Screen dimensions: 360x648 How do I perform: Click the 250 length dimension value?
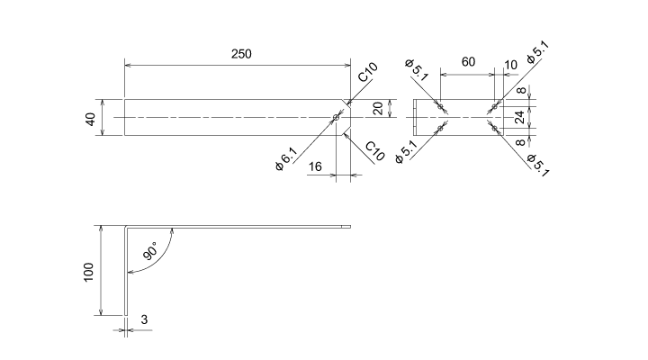240,54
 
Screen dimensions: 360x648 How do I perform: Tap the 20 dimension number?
378,108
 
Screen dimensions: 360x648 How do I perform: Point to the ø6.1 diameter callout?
285,160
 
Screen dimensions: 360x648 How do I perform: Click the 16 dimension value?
315,166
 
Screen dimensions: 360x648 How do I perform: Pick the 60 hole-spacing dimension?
468,62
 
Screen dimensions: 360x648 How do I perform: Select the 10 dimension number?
511,65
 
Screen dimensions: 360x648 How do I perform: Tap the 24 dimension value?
519,117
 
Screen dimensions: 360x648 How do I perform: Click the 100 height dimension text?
88,272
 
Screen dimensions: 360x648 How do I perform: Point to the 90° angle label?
150,250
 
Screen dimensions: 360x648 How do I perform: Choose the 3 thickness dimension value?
144,319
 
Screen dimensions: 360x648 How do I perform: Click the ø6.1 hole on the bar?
336,118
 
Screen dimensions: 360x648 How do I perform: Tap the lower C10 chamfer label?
375,150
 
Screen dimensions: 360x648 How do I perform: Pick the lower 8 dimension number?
519,142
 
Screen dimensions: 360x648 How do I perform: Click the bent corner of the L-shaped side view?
127,226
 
